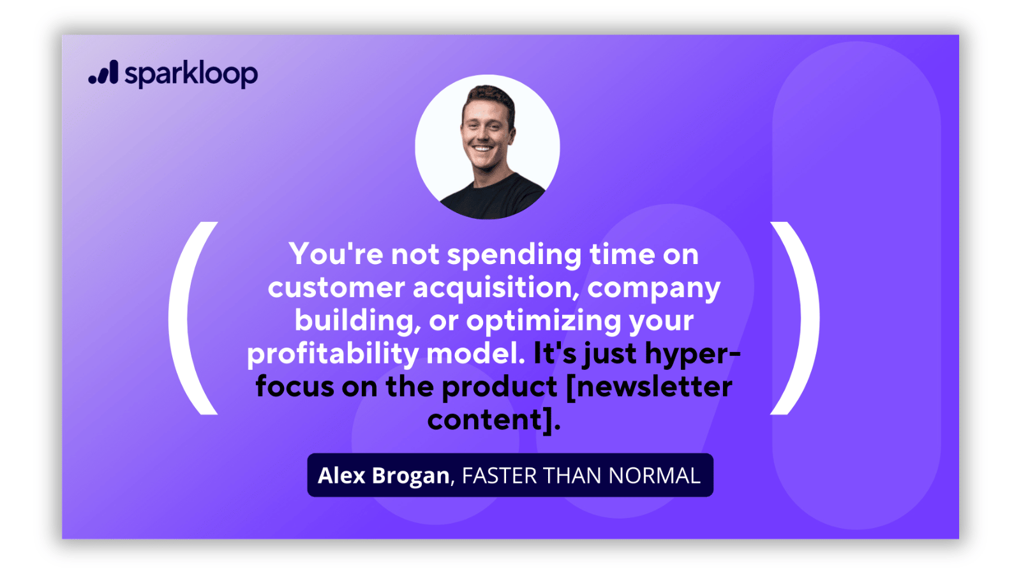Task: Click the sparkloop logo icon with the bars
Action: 103,72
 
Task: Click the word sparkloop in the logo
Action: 191,74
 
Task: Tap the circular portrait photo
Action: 488,147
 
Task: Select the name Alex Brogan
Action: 384,475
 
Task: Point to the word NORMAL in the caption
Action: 655,476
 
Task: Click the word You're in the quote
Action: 336,253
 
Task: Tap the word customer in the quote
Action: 336,288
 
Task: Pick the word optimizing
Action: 543,321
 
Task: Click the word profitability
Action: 332,354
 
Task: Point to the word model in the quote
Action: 475,353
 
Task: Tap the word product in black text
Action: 499,386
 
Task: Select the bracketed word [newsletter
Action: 649,387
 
